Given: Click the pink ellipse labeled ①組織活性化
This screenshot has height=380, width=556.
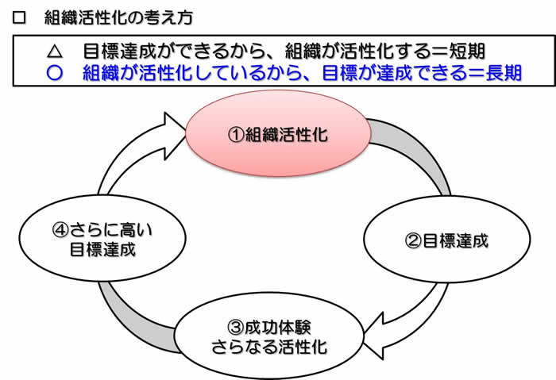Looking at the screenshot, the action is coord(278,133).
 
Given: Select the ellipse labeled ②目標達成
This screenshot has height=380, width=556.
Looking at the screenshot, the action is coord(446,239).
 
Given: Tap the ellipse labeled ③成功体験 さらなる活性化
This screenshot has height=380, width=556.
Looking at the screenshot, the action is coord(268,336).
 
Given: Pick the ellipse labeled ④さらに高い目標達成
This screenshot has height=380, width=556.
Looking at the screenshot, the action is coord(102,238).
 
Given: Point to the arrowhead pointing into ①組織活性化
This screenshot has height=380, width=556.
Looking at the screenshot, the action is coord(175,136).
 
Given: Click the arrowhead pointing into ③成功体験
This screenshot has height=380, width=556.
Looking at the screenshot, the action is coord(374,336).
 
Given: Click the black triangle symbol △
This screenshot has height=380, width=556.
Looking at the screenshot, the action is coord(55,52).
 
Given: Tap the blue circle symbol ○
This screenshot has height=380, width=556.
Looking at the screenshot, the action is coord(55,73).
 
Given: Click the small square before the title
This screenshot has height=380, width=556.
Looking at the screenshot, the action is coord(19,17).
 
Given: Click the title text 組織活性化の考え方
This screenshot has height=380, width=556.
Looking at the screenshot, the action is coord(118,17).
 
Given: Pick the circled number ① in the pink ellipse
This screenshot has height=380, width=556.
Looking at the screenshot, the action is coord(236,135).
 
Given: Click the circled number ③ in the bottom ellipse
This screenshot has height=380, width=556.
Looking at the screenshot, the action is coord(235,327).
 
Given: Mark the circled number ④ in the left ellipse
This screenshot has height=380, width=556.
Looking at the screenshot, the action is coord(60,230).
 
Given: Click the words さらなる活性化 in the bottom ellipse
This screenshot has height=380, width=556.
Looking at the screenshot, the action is coord(269,347).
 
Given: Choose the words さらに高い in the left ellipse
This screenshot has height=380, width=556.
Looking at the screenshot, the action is coord(111,230).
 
